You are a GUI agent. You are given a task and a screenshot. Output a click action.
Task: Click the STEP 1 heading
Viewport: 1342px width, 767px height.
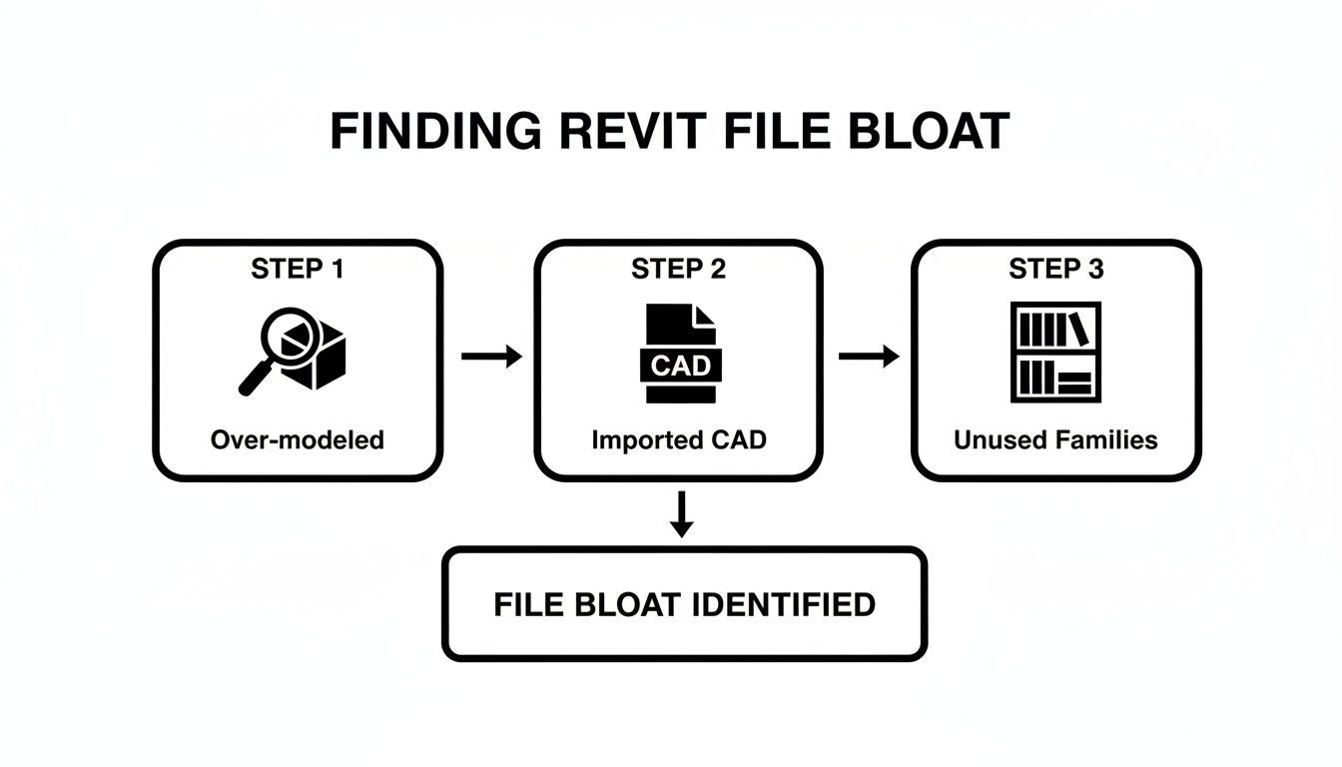(297, 269)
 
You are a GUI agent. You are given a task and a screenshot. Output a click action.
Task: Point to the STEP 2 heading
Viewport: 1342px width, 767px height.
(678, 269)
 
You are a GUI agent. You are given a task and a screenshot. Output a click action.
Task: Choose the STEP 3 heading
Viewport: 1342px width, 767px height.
(1055, 269)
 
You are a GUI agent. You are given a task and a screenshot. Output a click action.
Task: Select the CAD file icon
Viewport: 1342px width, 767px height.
(680, 354)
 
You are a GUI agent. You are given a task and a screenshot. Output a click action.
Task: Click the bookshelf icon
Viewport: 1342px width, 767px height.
(1055, 353)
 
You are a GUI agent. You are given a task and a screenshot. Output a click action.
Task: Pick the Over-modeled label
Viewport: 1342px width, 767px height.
(297, 439)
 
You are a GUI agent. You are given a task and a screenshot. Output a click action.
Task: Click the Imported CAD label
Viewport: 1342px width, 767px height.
(679, 439)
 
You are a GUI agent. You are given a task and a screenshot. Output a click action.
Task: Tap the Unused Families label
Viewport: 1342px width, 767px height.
(1055, 439)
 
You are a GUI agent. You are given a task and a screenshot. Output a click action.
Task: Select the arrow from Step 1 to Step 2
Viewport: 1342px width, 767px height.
(491, 356)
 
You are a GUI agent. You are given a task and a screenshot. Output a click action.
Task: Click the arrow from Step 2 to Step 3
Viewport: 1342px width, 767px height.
(869, 356)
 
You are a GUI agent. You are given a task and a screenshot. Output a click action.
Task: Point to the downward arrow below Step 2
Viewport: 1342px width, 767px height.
(681, 513)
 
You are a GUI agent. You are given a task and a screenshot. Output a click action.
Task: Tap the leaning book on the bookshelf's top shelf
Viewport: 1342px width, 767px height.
(1078, 328)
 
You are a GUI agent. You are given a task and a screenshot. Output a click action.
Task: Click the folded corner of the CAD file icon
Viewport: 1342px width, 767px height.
(705, 316)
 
